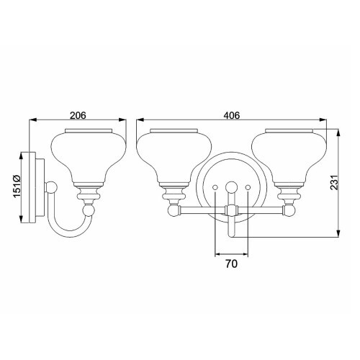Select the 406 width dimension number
pyautogui.click(x=231, y=114)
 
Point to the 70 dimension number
pyautogui.click(x=231, y=264)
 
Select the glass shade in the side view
pyautogui.click(x=89, y=152)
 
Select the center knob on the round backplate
pyautogui.click(x=230, y=187)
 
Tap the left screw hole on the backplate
pyautogui.click(x=216, y=188)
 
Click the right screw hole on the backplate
pyautogui.click(x=247, y=188)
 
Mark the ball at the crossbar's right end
pyautogui.click(x=289, y=210)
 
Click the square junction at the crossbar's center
pyautogui.click(x=230, y=210)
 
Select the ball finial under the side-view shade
pyautogui.click(x=89, y=210)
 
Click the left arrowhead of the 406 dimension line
pyautogui.click(x=140, y=121)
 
